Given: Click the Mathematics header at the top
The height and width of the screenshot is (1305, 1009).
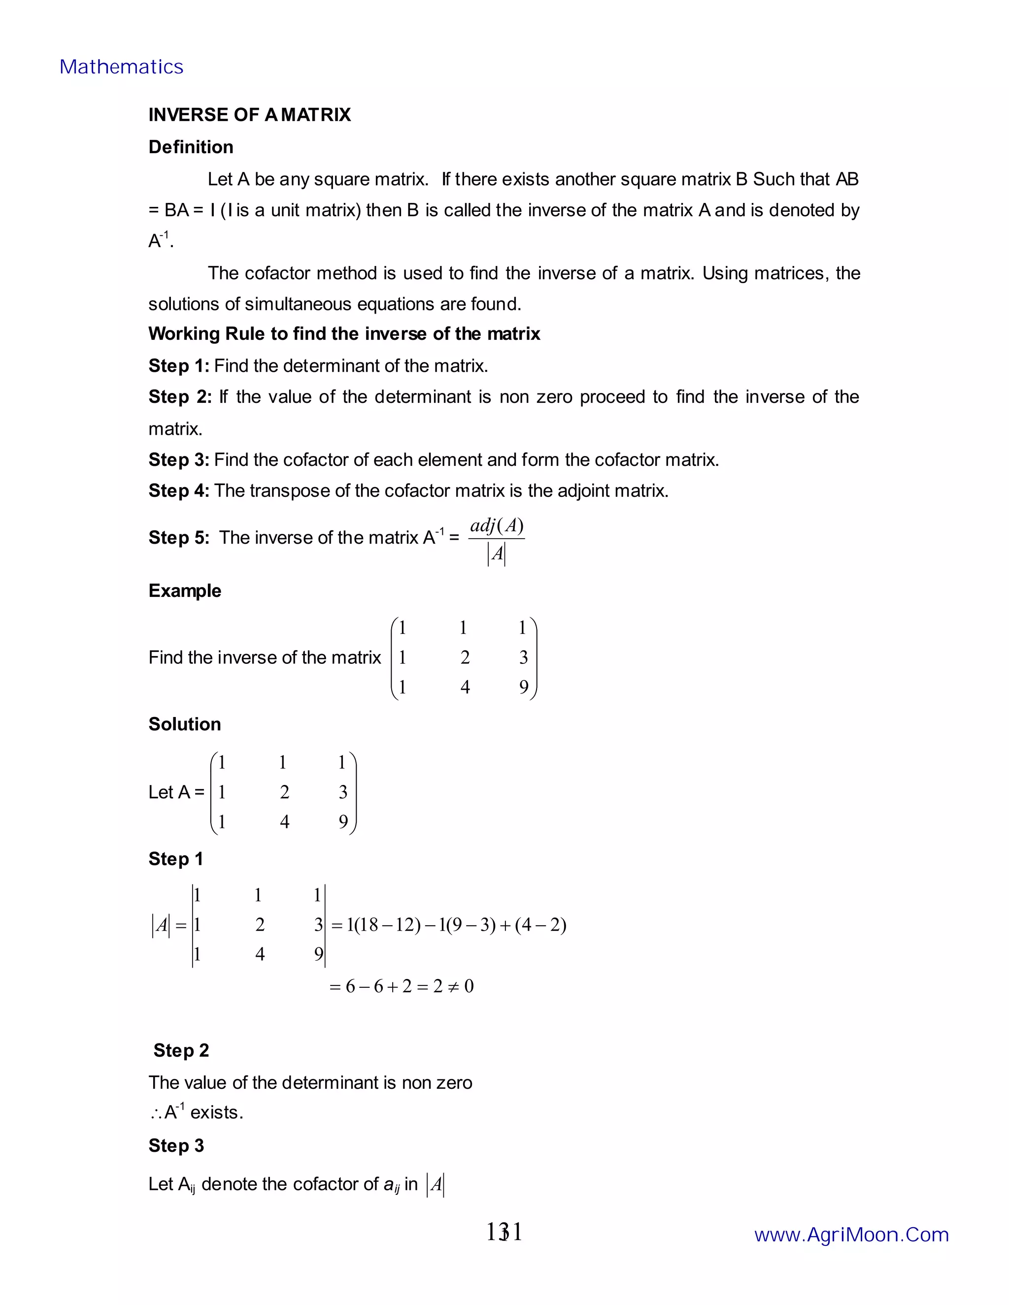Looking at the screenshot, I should point(121,67).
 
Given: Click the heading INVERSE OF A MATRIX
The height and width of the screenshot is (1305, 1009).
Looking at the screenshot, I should point(249,115).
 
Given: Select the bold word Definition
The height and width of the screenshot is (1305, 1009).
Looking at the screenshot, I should point(191,147).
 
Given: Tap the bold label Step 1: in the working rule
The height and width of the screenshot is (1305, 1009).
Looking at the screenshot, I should point(179,366).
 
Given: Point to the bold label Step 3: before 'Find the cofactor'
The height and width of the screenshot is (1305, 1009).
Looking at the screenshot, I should point(179,459).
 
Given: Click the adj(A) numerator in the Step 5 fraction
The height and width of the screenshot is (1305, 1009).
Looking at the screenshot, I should point(497,526).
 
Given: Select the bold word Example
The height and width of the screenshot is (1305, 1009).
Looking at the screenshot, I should point(185,590).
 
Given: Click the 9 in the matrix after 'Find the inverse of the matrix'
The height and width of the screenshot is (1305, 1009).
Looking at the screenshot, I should point(524,687).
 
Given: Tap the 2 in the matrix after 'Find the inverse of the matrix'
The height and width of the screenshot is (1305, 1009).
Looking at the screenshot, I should point(465,657).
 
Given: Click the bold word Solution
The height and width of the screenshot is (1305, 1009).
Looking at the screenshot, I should point(185,724).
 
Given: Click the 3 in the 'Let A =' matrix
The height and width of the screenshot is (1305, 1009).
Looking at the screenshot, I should point(343,792).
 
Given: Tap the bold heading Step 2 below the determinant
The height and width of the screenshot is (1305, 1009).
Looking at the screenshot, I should point(181,1050).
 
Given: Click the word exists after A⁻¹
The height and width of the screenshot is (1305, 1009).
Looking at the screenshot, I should point(216,1112).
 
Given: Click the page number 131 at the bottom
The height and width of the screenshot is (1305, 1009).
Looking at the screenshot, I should point(504,1232).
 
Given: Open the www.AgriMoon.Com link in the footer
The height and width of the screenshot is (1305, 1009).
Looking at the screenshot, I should point(851,1235).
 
